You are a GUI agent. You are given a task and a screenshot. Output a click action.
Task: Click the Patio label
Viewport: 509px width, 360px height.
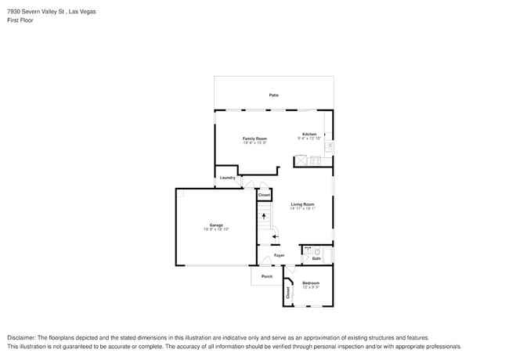pyautogui.click(x=273, y=95)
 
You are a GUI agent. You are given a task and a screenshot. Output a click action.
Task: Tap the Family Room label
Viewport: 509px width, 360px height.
pyautogui.click(x=254, y=139)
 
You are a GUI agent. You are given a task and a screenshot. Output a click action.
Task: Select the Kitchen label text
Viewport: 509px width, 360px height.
pyautogui.click(x=309, y=134)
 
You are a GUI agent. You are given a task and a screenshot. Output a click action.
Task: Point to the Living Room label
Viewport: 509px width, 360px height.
pyautogui.click(x=302, y=204)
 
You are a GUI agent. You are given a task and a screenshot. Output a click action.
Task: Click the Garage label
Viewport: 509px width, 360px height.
pyautogui.click(x=215, y=225)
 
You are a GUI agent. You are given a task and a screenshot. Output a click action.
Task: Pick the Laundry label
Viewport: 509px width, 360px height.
pyautogui.click(x=227, y=178)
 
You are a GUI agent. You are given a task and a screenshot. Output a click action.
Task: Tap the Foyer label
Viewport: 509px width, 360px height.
pyautogui.click(x=279, y=255)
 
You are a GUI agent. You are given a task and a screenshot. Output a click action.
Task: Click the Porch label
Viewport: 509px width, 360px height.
pyautogui.click(x=267, y=276)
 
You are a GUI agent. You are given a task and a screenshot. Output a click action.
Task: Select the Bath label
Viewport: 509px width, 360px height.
pyautogui.click(x=316, y=258)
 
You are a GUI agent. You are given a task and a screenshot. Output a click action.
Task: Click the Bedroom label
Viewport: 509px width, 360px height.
pyautogui.click(x=311, y=283)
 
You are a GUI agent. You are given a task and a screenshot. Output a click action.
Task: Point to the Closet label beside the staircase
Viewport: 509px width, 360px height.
pyautogui.click(x=265, y=195)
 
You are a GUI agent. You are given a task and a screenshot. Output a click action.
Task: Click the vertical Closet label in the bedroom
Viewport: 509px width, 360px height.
pyautogui.click(x=288, y=293)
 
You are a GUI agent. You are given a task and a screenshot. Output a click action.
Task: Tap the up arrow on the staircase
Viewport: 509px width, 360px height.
pyautogui.click(x=264, y=216)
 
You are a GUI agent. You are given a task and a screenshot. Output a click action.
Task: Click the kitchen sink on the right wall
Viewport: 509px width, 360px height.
pyautogui.click(x=329, y=146)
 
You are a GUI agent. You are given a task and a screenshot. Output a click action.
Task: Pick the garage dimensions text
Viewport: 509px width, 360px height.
pyautogui.click(x=216, y=229)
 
